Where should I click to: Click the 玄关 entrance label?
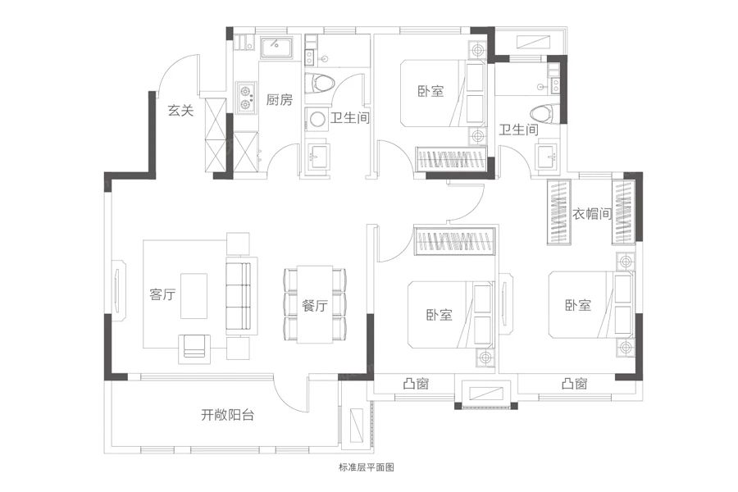coord(180,111)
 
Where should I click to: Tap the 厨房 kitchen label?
coord(280,100)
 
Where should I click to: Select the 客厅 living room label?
coord(163,295)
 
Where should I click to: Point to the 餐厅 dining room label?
coord(315,306)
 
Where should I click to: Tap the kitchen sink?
coord(275,48)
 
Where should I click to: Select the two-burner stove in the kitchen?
coord(244,98)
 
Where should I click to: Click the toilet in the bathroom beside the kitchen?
coord(319,84)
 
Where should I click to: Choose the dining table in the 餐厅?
coord(315,303)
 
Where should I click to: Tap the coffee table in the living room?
coord(194,296)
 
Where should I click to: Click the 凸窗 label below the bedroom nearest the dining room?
coord(416,383)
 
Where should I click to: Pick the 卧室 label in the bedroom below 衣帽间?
coord(577,306)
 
